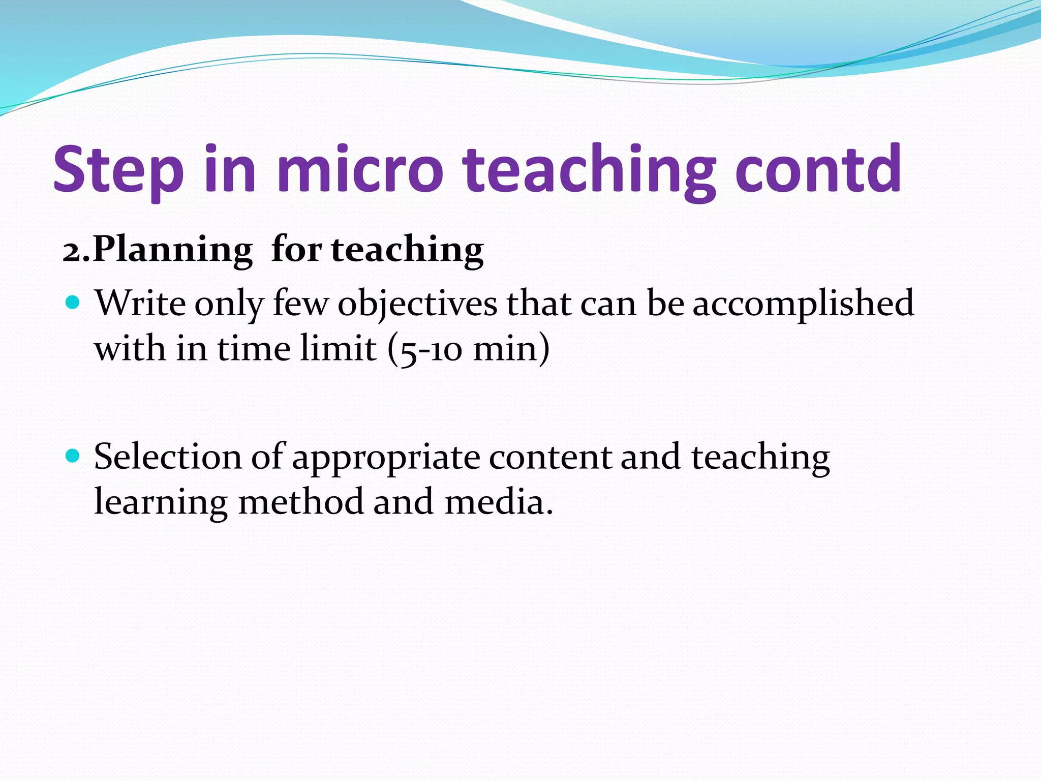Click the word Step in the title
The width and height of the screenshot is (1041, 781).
tap(118, 170)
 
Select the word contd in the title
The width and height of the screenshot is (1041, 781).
tap(818, 170)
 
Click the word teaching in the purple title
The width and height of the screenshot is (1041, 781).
tap(590, 170)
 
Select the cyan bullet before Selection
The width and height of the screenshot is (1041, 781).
tap(73, 455)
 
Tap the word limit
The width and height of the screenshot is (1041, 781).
tap(338, 349)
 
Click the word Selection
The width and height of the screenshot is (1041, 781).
tap(168, 457)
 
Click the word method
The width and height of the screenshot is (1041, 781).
tap(301, 502)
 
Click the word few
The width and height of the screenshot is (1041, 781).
tap(300, 304)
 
